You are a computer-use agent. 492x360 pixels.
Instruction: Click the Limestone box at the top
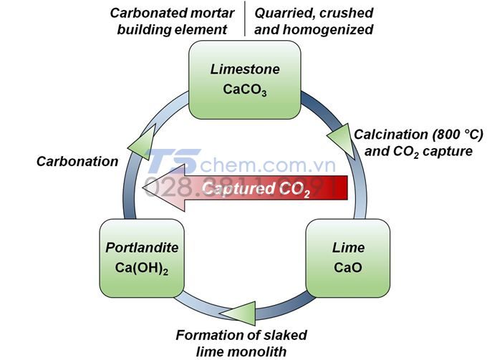coord(233,79)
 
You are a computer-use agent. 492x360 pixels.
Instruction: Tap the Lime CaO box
coord(347,258)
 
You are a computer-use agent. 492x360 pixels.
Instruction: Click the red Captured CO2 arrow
coord(251,189)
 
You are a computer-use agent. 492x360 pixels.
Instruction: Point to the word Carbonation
coord(77,161)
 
